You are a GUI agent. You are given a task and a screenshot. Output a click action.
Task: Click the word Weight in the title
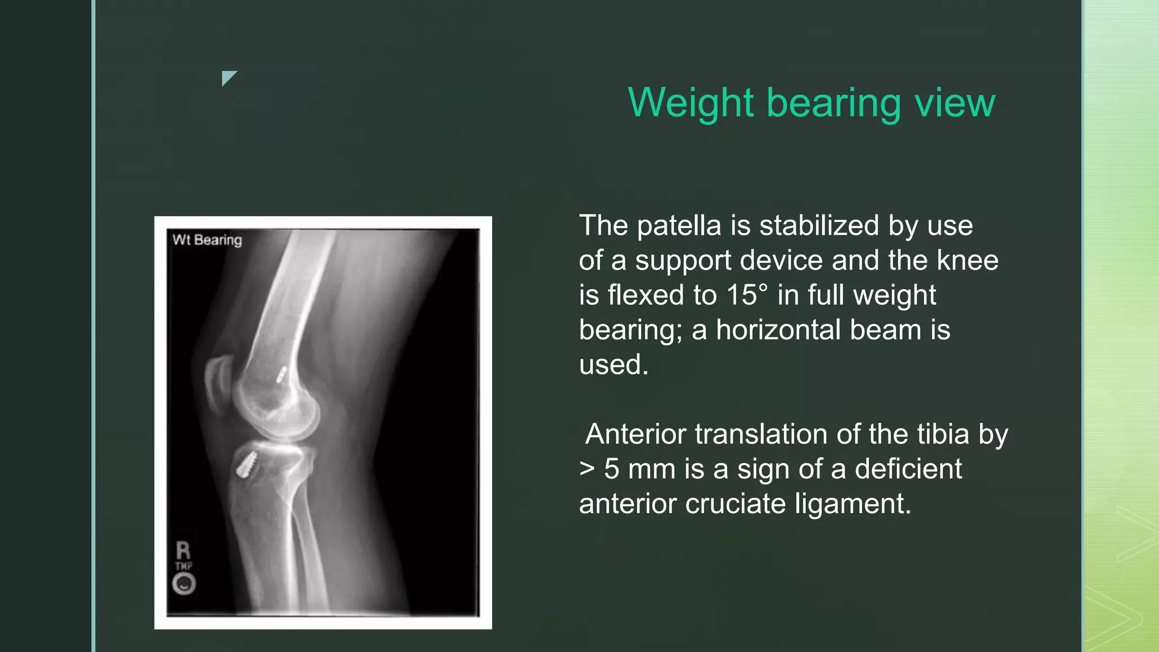(x=691, y=103)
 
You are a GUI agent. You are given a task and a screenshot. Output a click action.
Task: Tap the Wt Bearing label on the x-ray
(x=207, y=240)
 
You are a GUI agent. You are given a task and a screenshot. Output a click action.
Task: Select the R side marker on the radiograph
(x=183, y=550)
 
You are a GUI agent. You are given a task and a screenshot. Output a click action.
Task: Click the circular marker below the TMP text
(x=184, y=584)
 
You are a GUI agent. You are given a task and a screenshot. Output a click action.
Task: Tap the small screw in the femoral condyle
(x=281, y=374)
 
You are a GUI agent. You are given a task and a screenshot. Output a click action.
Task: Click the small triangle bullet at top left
(x=228, y=78)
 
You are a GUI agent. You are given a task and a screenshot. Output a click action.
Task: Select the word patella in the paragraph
(x=679, y=226)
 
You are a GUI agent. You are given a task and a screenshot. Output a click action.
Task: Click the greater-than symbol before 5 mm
(x=587, y=469)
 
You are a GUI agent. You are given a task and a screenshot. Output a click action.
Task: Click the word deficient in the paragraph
(x=908, y=469)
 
